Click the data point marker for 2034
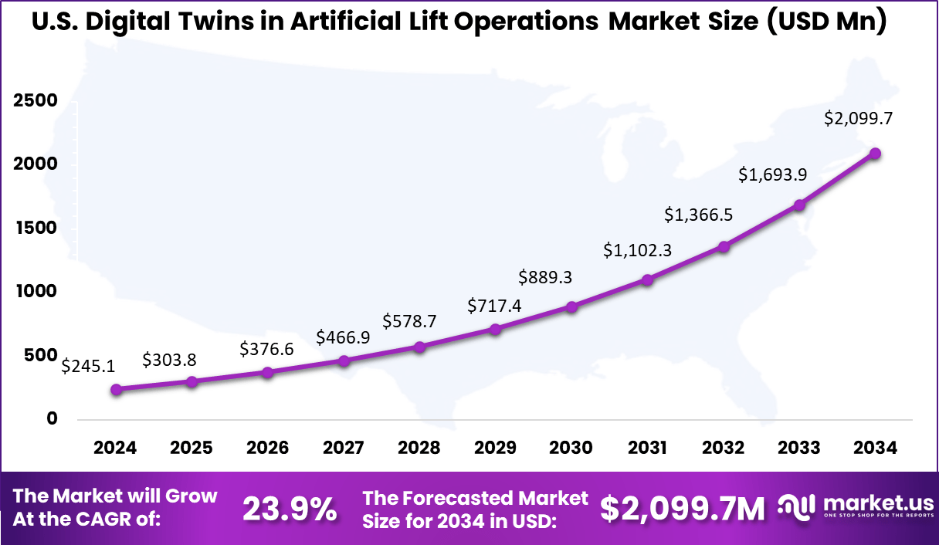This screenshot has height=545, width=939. coord(875,154)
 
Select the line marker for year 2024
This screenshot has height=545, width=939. coord(116,390)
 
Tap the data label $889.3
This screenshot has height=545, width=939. coord(551,276)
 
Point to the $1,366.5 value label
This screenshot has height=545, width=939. coord(699,215)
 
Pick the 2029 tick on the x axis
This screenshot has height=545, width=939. coord(496,448)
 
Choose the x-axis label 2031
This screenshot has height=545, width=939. coord(647,448)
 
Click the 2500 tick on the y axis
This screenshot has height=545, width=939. coord(36,101)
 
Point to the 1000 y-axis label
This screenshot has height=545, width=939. coord(36,292)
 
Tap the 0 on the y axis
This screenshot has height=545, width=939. coord(53,418)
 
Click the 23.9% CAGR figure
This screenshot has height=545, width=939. coord(290,509)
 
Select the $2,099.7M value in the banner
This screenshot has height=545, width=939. coord(683,509)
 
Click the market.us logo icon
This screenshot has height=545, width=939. coord(796,507)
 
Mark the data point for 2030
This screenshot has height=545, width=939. coord(571,307)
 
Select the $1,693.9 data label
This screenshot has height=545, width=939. coord(773,174)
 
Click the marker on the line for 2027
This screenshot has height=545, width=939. coord(344,361)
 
